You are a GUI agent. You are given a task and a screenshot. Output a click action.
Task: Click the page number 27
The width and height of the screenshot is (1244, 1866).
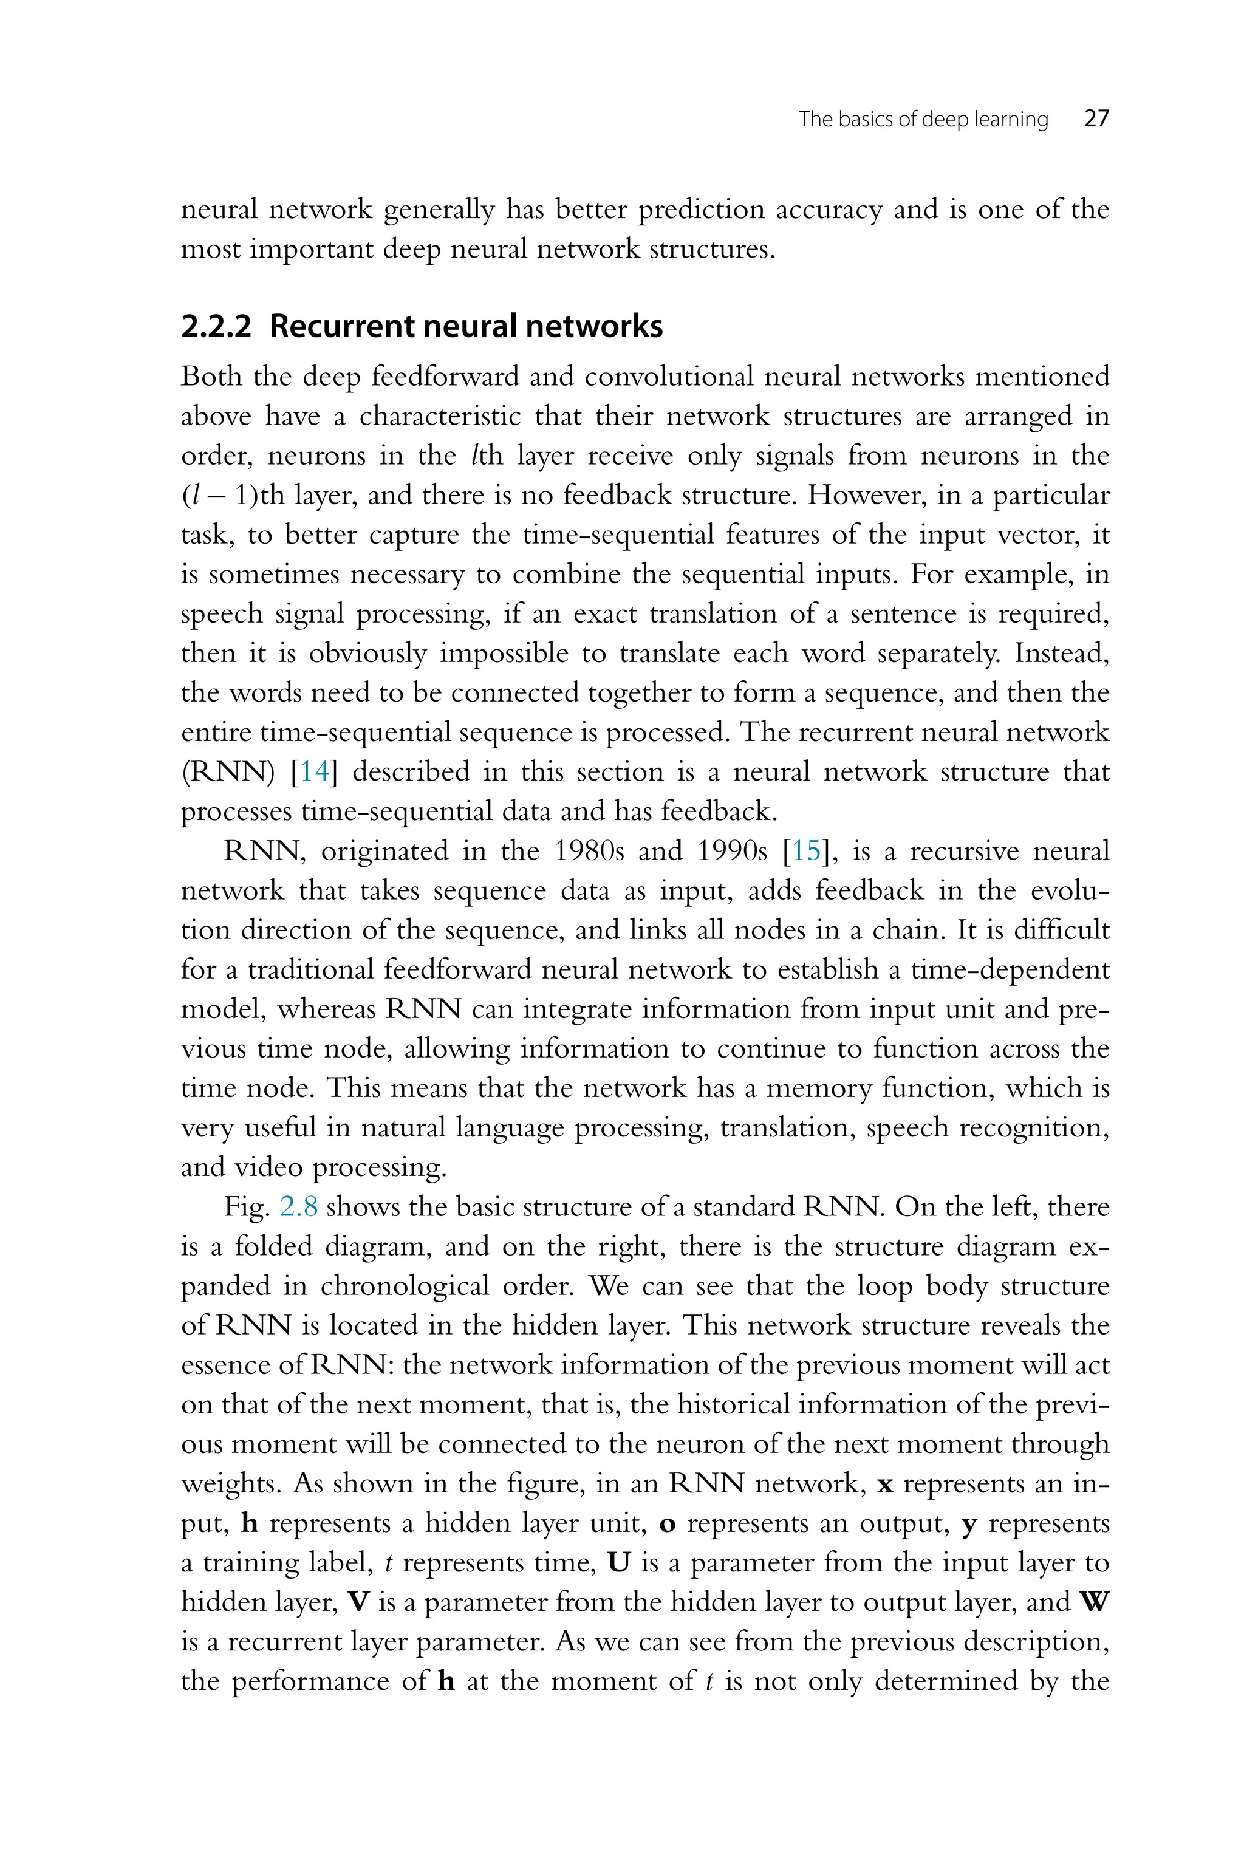coord(1096,119)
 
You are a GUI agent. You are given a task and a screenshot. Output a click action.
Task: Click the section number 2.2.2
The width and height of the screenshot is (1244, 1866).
coord(216,327)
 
